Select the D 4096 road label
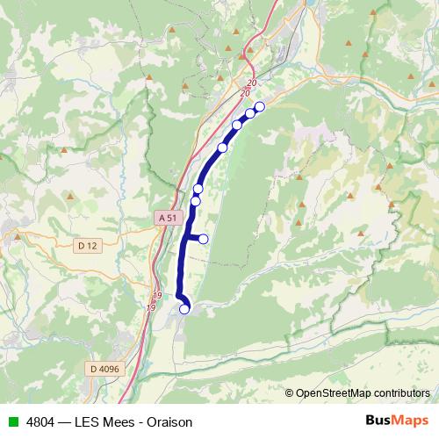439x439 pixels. pos(104,370)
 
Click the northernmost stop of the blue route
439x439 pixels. pos(259,106)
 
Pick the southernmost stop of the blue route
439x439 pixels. pos(184,308)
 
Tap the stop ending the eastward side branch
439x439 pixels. pos(204,239)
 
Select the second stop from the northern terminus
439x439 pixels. pos(250,112)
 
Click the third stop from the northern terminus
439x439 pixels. pos(237,126)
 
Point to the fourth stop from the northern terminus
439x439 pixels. pos(222,148)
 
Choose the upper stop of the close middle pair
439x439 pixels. pos(198,189)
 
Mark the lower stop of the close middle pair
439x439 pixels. pos(196,201)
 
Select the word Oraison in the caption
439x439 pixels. pos(168,421)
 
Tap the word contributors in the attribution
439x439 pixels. pos(399,393)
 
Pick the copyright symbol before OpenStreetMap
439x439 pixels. pos(290,393)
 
